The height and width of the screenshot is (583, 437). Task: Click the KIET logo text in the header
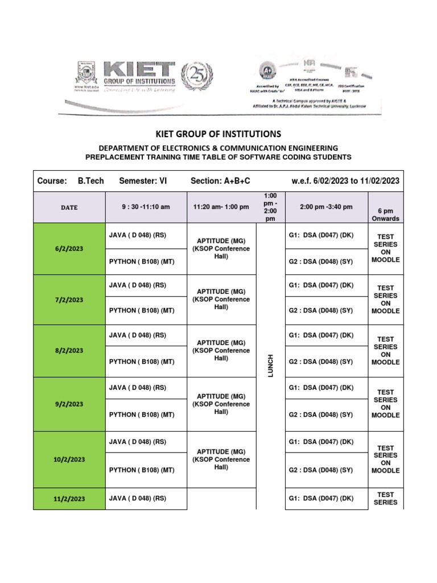(x=139, y=72)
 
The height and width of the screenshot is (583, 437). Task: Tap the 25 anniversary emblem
(x=196, y=77)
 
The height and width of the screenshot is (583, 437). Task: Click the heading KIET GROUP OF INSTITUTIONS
(x=218, y=134)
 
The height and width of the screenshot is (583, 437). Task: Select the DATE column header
(x=69, y=208)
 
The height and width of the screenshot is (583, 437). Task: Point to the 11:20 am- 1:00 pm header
(x=221, y=207)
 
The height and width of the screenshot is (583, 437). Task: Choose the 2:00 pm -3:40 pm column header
(x=325, y=207)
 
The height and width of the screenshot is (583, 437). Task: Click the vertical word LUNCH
(x=270, y=364)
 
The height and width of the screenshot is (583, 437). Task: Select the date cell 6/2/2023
(x=69, y=249)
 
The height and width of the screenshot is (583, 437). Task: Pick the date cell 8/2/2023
(x=69, y=351)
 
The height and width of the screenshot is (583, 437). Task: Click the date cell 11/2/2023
(x=69, y=499)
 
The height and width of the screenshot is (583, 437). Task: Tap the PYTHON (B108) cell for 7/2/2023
(x=141, y=311)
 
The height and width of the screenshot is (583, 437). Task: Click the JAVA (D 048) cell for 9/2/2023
(x=137, y=388)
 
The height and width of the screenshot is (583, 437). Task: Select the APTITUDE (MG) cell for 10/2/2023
(x=221, y=459)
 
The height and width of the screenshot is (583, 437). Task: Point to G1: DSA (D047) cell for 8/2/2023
(x=321, y=336)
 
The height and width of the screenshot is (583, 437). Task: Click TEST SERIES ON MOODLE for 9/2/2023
(x=385, y=404)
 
